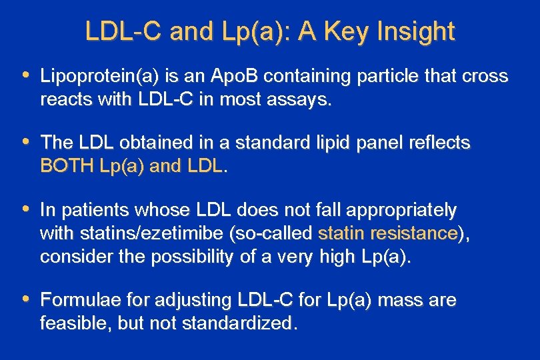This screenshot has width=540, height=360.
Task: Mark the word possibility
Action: pyautogui.click(x=199, y=257)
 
